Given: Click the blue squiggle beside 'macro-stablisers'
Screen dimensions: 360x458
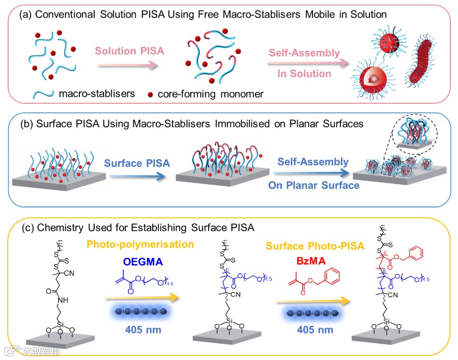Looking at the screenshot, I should click(x=43, y=94).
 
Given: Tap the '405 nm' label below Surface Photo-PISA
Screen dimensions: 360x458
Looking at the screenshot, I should click(x=307, y=330).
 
